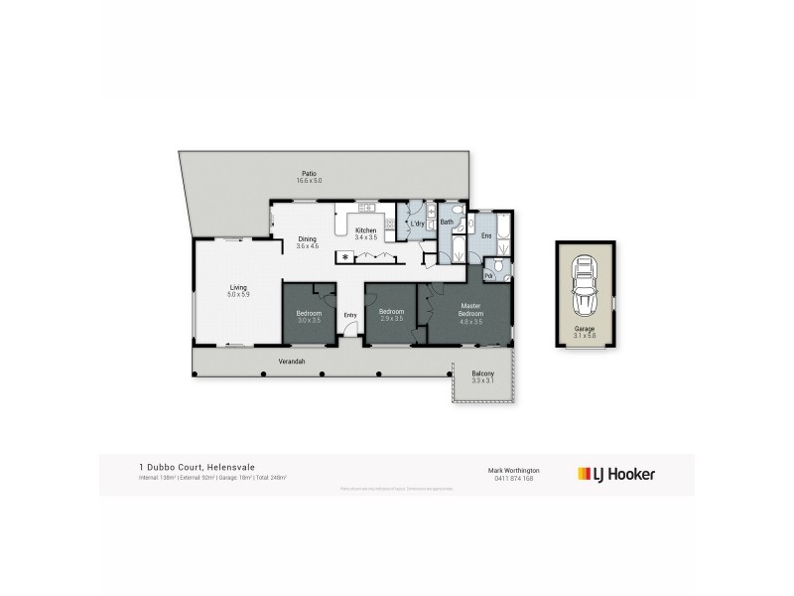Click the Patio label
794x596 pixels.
[310, 174]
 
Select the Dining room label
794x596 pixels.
[308, 238]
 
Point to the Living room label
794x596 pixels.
[237, 287]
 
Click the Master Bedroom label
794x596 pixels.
[470, 309]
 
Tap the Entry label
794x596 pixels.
[349, 316]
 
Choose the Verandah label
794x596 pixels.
[291, 361]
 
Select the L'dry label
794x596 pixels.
[418, 224]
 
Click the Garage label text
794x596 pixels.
[585, 328]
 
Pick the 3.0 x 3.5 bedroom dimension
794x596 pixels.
[309, 321]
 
